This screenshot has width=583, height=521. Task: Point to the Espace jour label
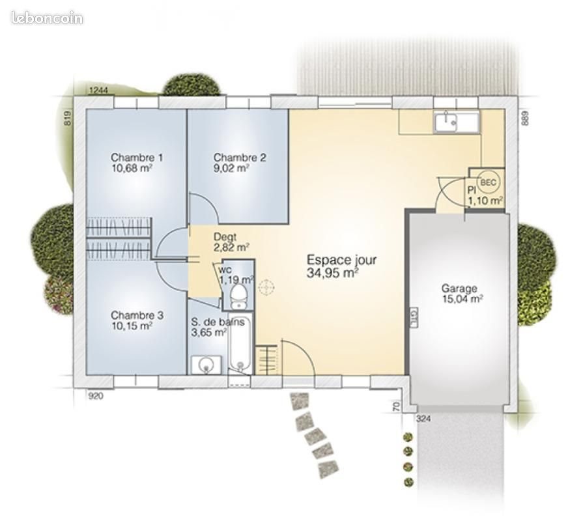(x=341, y=260)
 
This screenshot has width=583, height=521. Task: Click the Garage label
(x=459, y=289)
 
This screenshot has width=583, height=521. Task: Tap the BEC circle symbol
(x=487, y=182)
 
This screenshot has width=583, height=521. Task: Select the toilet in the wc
(x=239, y=295)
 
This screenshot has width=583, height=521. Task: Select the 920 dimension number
(x=96, y=395)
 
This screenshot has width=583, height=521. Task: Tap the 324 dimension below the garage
(x=423, y=418)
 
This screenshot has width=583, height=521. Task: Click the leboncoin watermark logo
(x=47, y=18)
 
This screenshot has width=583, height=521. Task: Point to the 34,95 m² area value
(x=332, y=273)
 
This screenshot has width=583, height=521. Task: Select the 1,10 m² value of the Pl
(x=485, y=201)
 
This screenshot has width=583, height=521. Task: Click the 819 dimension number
(x=67, y=117)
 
